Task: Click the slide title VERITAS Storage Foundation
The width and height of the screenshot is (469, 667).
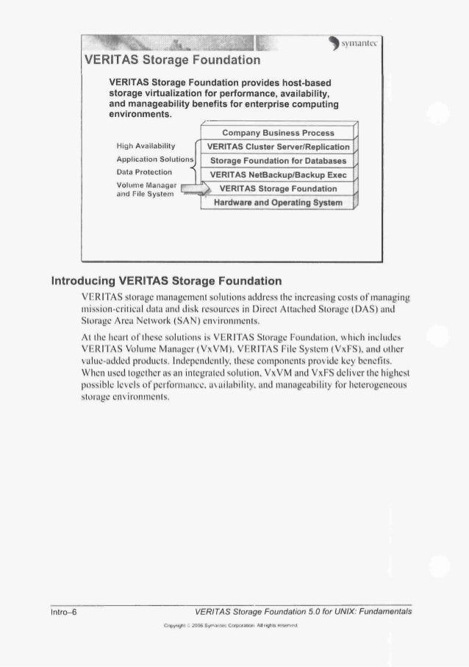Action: pos(173,58)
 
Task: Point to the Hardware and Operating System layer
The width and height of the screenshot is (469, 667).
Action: pos(279,201)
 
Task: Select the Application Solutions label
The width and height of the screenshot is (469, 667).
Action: pos(154,159)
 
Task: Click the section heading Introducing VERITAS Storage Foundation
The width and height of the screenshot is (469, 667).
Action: pos(166,280)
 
